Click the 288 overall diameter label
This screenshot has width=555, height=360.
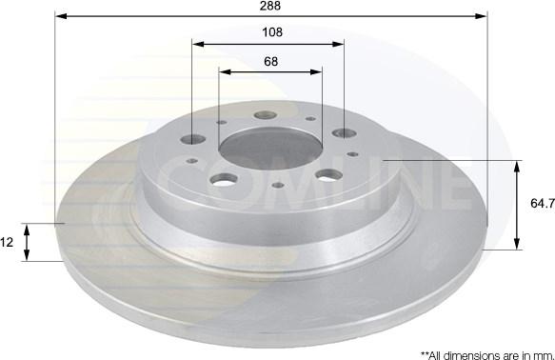point(270,6)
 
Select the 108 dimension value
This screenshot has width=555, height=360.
point(272,32)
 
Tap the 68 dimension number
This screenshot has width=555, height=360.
point(270,62)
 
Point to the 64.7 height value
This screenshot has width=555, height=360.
point(543,203)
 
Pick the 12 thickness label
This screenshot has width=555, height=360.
point(7,242)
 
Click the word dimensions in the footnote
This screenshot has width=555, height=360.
point(471,355)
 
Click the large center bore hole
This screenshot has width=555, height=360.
point(270,149)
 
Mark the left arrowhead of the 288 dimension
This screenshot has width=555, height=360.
point(62,16)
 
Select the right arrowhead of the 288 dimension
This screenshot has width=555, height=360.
point(481,16)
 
